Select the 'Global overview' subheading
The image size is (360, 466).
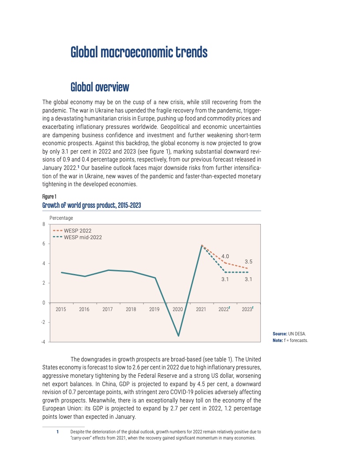[100, 87]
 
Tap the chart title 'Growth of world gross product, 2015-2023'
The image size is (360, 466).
[91, 206]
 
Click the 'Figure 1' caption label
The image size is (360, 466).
[49, 196]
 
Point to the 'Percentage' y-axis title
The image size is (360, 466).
[61, 218]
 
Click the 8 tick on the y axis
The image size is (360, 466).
[43, 224]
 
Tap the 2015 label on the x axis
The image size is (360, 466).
[61, 309]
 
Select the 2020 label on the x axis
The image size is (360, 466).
[177, 309]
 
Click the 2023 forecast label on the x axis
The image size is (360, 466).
[247, 309]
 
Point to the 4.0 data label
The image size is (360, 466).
[225, 256]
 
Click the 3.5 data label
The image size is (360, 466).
[248, 261]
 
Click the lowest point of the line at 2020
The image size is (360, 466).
[178, 336]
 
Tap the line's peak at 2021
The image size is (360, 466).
[202, 245]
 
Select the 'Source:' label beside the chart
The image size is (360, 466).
[280, 334]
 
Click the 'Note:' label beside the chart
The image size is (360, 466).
[278, 340]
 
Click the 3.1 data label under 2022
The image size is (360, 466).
[225, 279]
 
